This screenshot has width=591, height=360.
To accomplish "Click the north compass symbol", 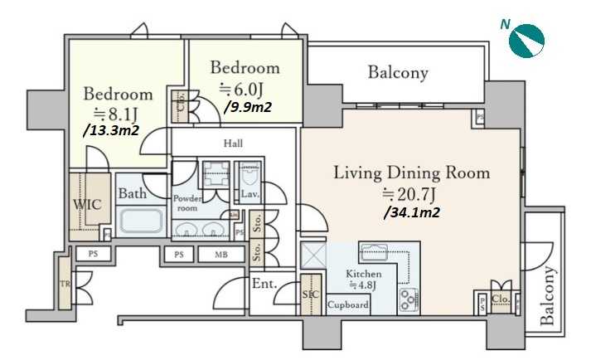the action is click(x=526, y=41).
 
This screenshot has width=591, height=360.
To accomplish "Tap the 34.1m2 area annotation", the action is click(x=412, y=213).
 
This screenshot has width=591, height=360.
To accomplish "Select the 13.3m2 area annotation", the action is click(x=111, y=130).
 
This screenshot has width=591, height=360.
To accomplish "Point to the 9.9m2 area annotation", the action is click(x=248, y=108).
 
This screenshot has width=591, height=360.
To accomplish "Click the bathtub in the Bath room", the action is click(x=142, y=221).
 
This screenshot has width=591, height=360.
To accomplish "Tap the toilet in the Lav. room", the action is click(x=249, y=175).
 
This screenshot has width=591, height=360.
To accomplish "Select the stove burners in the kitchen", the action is click(x=409, y=299).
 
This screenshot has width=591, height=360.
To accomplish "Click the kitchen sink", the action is click(x=374, y=252).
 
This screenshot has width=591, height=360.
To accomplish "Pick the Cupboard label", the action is click(x=348, y=304).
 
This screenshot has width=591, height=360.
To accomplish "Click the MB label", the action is click(x=221, y=255).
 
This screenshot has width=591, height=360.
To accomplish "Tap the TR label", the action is click(x=65, y=284).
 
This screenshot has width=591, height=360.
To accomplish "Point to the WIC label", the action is click(x=87, y=205).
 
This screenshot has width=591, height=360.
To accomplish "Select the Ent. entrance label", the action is click(x=264, y=284).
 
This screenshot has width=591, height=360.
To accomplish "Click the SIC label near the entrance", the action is click(x=311, y=294).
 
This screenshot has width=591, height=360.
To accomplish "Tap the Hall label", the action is click(x=233, y=144).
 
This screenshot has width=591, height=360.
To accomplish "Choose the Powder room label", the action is click(x=187, y=203).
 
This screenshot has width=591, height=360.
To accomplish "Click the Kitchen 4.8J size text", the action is click(x=363, y=285).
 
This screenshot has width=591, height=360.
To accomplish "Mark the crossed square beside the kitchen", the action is click(x=313, y=255).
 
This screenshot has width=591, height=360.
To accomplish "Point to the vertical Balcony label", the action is click(x=548, y=296).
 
